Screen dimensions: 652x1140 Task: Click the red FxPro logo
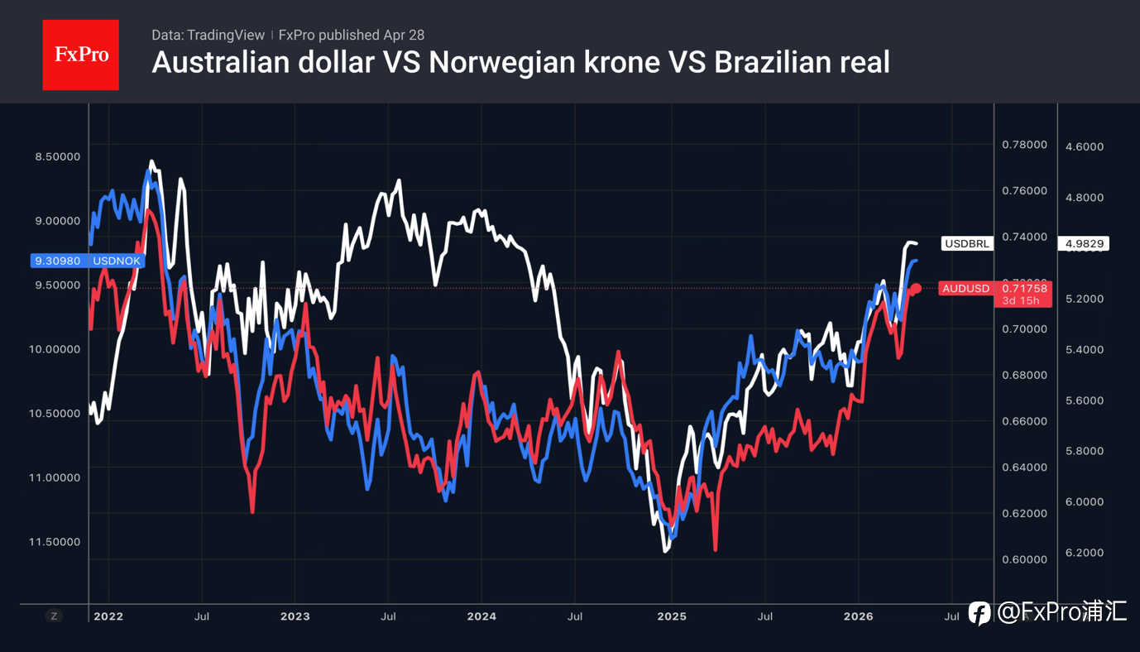(x=80, y=55)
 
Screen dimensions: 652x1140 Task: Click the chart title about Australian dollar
(x=520, y=63)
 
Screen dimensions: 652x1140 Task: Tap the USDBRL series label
(x=966, y=243)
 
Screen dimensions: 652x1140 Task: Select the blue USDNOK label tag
(x=87, y=261)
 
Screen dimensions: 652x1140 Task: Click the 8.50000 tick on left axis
(x=56, y=156)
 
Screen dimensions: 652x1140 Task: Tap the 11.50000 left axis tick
(x=56, y=541)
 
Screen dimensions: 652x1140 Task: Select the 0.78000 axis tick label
(x=1024, y=145)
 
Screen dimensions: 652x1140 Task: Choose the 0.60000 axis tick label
(x=1024, y=559)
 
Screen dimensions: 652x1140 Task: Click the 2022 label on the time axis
(x=108, y=616)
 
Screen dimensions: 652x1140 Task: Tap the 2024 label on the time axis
(x=481, y=616)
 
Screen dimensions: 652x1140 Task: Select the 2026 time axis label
(x=858, y=616)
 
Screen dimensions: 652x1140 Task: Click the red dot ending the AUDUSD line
(x=916, y=288)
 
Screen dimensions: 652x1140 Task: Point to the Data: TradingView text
(x=208, y=35)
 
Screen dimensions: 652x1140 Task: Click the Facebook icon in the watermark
(x=980, y=613)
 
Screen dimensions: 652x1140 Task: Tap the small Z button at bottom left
(x=54, y=616)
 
